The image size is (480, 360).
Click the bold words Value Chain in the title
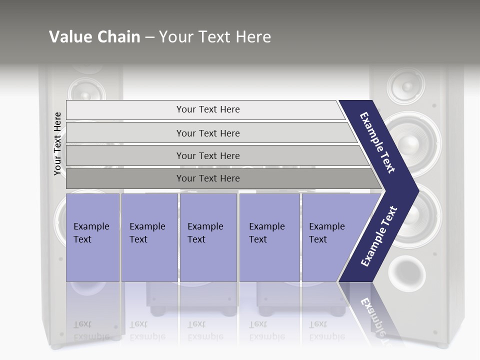coord(94,37)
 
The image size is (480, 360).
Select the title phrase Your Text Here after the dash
coord(215,37)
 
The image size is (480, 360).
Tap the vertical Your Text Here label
coord(57,144)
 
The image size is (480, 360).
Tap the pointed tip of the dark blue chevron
coord(416,190)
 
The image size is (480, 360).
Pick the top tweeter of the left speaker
coord(86,93)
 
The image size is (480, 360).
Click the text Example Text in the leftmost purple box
coord(91,232)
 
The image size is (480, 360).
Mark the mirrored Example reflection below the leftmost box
coord(91,336)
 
